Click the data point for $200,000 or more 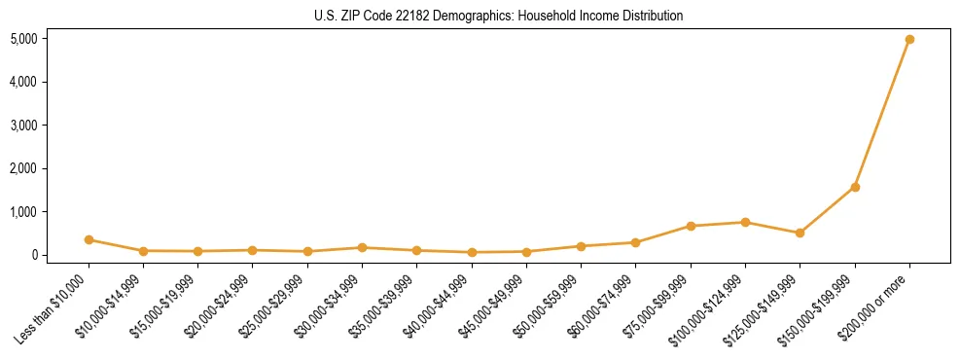909,40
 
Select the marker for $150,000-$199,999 855,187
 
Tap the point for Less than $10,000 89,239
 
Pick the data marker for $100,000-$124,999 745,222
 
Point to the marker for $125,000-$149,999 800,233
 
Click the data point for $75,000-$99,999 691,226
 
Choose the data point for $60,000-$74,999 635,242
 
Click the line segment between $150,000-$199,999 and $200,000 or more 882,113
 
